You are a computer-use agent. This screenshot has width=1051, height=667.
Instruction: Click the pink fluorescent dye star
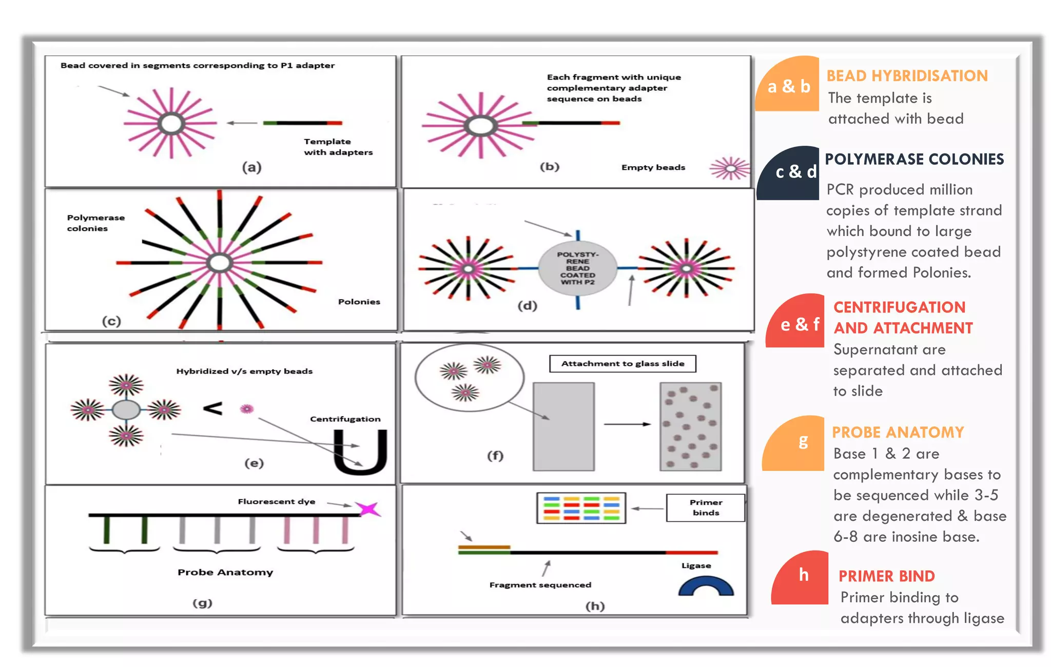coord(368,509)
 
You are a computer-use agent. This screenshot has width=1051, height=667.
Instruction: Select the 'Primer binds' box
coord(706,507)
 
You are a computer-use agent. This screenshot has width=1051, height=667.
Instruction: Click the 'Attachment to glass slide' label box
coord(622,363)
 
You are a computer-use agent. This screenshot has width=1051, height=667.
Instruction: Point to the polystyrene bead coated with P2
coord(577,268)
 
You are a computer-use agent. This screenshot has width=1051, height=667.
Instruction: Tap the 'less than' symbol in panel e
coord(212,408)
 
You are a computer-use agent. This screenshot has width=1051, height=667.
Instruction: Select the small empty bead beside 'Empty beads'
coord(730,168)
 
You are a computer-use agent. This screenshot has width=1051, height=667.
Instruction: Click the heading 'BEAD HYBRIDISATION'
coord(907,76)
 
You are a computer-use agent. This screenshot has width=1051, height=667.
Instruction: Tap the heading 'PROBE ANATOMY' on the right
coord(898,433)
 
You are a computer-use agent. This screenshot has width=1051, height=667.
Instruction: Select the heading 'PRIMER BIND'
coord(886,576)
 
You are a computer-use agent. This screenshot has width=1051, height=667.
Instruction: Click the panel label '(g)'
coord(202,603)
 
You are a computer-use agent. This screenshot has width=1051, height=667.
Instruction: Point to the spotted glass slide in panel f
coord(690,426)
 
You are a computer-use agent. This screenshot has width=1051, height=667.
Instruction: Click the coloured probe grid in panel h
coord(581,508)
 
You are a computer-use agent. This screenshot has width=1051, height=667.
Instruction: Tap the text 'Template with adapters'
coord(338,147)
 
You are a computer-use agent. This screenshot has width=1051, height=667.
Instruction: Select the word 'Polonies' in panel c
coord(359,302)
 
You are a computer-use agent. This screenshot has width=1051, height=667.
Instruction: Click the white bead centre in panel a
coord(171,124)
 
